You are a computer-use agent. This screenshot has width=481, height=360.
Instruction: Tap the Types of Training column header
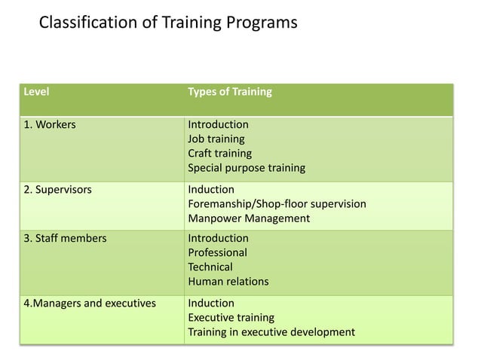point(230,93)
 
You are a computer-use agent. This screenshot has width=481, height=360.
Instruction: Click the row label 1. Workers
point(50,124)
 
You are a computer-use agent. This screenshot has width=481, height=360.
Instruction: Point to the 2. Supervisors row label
point(58,189)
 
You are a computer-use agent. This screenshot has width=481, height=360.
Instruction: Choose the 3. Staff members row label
point(66,239)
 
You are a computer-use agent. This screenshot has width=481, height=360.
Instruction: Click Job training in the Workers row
point(216,139)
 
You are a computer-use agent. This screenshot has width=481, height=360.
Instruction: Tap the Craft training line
point(220,153)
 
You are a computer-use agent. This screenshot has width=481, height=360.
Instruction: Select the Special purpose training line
point(247,167)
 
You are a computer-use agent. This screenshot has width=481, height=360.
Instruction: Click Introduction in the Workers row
point(218,124)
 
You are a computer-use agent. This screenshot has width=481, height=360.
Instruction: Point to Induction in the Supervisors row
point(211,189)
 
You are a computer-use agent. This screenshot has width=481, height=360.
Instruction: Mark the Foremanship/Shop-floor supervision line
point(277,203)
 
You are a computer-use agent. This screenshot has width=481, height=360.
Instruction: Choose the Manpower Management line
point(249,218)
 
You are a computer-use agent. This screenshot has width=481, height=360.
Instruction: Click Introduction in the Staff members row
point(218,239)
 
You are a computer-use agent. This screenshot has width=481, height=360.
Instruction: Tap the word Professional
point(217,253)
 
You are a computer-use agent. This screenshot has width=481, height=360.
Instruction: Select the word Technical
point(210,267)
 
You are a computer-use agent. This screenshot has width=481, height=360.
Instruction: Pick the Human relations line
point(228,282)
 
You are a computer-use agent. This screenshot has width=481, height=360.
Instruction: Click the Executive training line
point(231,318)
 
